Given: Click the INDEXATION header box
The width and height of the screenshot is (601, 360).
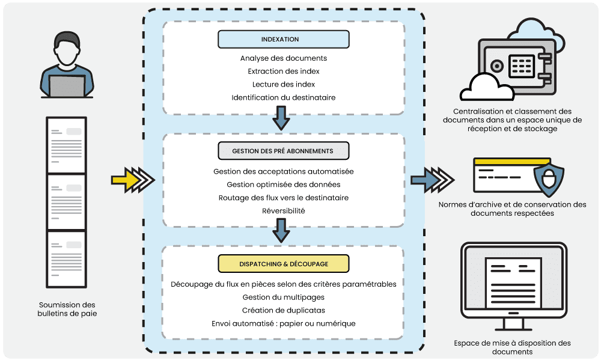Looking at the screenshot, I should tap(283, 40).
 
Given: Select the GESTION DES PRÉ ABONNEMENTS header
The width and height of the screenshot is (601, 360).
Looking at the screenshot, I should tap(283, 151).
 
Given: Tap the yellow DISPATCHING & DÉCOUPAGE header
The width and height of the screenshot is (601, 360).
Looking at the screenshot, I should tap(283, 263).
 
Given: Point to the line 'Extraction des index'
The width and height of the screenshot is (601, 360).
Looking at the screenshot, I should tap(283, 72).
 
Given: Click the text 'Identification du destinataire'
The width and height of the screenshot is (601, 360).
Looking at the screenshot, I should tap(283, 97).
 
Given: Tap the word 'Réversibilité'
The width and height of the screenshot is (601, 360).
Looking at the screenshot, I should tap(283, 211).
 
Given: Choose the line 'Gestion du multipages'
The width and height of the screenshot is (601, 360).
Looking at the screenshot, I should tap(283, 297).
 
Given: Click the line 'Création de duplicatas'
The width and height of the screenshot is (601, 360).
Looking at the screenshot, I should tap(283, 310).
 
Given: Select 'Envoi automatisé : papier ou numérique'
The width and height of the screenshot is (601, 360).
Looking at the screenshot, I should tap(283, 323).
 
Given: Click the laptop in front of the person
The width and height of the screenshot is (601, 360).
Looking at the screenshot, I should tap(67, 86).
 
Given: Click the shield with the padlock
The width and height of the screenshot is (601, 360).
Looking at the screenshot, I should tap(548, 178).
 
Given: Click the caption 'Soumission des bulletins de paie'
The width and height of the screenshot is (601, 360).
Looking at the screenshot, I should tap(67, 309).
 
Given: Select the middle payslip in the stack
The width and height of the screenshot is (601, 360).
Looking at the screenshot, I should tap(66, 201).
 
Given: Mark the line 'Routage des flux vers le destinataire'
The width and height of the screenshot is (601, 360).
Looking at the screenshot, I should tap(283, 198).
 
